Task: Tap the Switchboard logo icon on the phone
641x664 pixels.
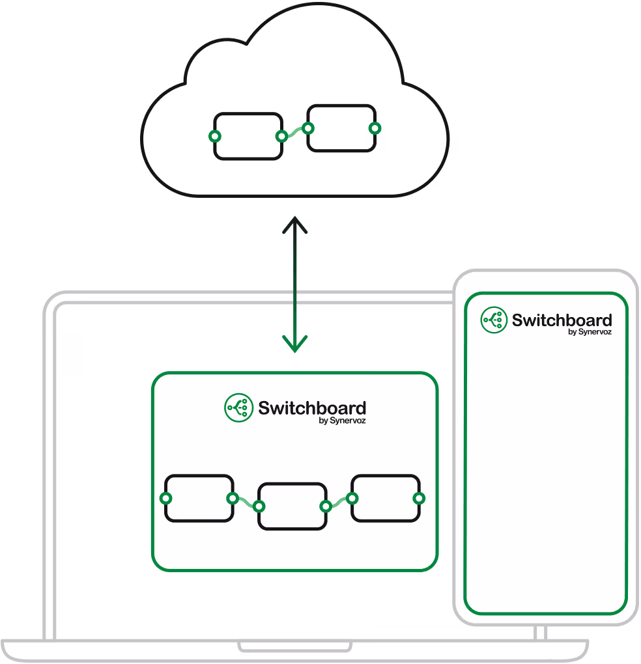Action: (x=494, y=320)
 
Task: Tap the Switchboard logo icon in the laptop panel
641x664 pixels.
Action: (x=238, y=408)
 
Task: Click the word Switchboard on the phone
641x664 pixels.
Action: (x=562, y=320)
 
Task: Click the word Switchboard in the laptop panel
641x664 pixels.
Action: (x=312, y=408)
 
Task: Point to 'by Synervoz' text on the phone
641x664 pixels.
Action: (x=590, y=332)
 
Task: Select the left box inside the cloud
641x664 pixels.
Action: (x=248, y=136)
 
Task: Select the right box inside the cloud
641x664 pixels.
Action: (x=341, y=128)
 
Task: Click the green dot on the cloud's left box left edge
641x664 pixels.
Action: (x=214, y=136)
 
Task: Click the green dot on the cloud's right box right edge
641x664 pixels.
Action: (x=374, y=128)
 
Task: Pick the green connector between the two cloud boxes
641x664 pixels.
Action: (x=294, y=133)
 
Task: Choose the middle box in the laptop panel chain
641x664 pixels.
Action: (x=292, y=506)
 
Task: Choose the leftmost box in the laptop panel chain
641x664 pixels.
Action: (x=199, y=498)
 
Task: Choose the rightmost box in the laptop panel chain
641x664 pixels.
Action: (x=385, y=498)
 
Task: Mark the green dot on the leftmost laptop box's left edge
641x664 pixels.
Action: (x=165, y=498)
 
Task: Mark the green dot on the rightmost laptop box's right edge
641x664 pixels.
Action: (x=419, y=498)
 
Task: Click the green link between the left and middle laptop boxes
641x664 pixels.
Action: (x=246, y=502)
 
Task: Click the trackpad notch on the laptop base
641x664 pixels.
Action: (x=295, y=647)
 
